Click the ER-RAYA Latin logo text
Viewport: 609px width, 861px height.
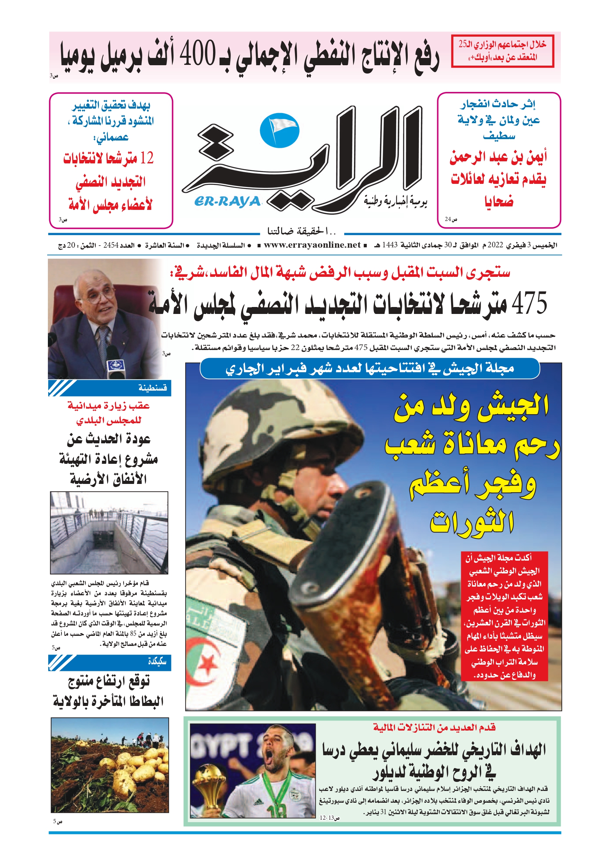[227, 202]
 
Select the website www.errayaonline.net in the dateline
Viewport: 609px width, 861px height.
[312, 245]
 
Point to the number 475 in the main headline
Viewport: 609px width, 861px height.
[529, 303]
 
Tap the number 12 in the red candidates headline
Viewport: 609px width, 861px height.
[147, 158]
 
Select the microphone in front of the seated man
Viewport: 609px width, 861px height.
[115, 364]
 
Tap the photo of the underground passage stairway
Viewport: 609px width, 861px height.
[109, 532]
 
